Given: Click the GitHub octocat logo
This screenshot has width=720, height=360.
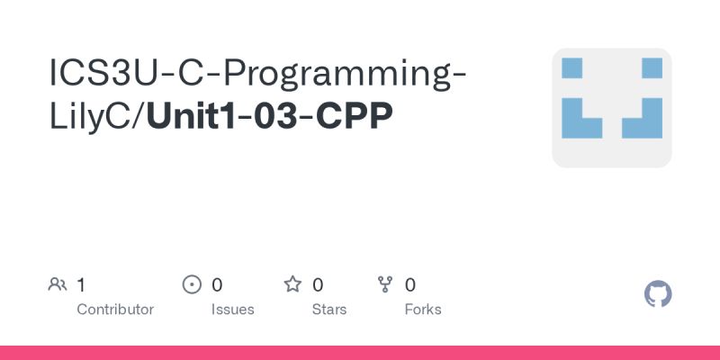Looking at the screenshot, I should pos(659,294).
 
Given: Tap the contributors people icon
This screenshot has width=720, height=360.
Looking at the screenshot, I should pos(58,285).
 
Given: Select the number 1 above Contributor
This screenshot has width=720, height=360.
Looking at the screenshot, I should pos(81,285).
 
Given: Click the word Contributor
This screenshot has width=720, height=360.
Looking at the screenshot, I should pos(115,310).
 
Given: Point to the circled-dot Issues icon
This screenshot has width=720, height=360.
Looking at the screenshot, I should pos(192,285).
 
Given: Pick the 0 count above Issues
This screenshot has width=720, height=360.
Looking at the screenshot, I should pos(217,285).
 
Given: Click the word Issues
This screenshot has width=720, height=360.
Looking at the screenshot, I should pos(233,310).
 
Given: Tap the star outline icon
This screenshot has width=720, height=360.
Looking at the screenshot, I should pos(292,285).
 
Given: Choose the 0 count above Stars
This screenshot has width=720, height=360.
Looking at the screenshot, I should pos(318,285).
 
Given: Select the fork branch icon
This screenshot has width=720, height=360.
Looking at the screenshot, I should pos(385,285).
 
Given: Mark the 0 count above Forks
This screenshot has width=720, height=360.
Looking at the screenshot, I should pos(410,285).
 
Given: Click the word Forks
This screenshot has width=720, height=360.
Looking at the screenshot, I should pos(423,310).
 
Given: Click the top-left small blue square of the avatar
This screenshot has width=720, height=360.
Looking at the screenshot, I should pos(572,68).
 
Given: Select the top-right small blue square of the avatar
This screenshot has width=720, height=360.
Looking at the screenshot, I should pos(652,68).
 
